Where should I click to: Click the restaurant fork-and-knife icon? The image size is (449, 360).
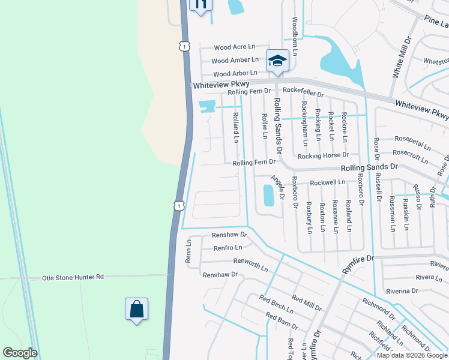200,4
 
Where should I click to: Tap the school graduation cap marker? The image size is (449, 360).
277,61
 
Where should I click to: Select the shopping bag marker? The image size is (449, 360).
136,310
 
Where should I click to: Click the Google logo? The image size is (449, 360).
20,353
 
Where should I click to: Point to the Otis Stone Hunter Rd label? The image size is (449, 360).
73,278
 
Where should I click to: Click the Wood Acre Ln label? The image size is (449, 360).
234,47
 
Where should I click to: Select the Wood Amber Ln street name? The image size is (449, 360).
235,60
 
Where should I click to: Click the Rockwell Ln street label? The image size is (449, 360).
328,182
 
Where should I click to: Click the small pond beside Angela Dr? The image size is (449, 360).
268,195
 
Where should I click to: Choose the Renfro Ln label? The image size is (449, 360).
228,247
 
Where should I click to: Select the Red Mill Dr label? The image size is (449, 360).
307,298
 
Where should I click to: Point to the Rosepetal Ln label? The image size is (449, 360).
411,146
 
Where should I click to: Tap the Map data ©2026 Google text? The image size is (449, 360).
411,355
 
